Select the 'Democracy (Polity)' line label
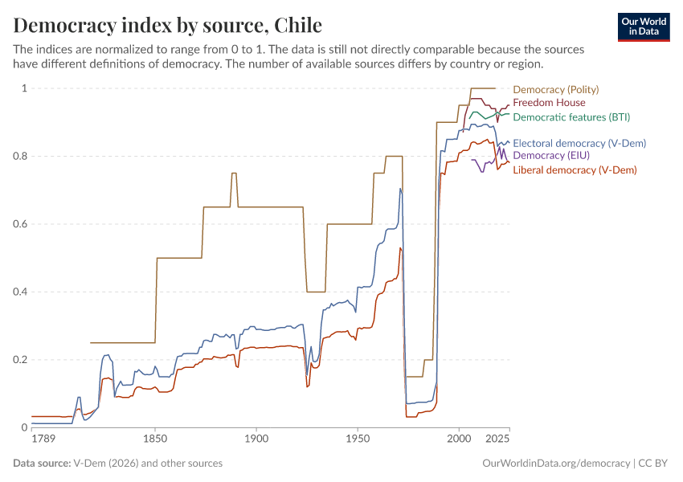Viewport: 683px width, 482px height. click(x=555, y=89)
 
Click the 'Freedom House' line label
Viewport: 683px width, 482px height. click(x=549, y=103)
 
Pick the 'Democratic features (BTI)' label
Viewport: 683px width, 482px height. click(x=571, y=117)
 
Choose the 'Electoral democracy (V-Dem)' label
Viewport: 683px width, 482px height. click(x=579, y=143)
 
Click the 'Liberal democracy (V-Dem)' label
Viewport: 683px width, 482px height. click(x=575, y=170)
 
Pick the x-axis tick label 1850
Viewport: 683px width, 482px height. click(x=155, y=439)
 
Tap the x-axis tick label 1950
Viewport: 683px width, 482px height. click(x=358, y=439)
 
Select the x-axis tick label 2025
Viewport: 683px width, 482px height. click(x=497, y=439)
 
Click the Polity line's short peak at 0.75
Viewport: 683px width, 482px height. click(x=234, y=174)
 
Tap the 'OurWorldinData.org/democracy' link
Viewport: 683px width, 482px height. click(x=555, y=464)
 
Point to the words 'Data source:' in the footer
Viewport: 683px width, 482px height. click(x=42, y=464)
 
